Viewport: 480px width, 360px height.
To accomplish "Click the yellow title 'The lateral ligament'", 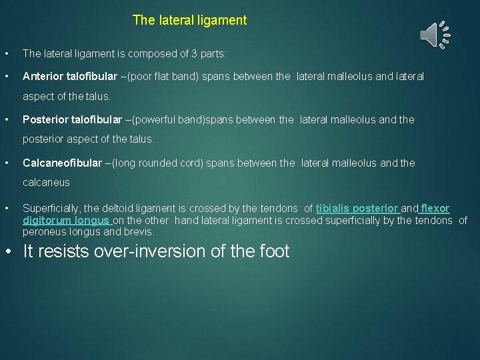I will [189, 20].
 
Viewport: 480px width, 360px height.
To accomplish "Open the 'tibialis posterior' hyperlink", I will [357, 209].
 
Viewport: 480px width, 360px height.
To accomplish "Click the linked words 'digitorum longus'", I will [67, 220].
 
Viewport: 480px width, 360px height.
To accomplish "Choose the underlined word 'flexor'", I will [435, 209].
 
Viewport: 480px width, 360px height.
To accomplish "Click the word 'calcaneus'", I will [46, 182].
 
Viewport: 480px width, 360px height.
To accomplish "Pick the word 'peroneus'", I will [43, 232].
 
